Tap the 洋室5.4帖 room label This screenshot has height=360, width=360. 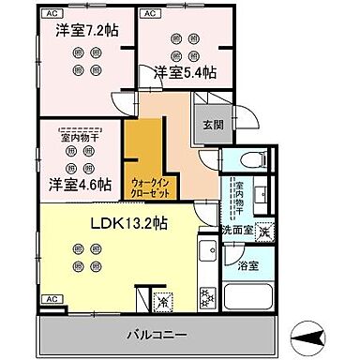click(x=185, y=72)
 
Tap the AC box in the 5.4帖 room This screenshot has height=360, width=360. click(x=149, y=14)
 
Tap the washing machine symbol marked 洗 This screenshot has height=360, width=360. click(x=265, y=232)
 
